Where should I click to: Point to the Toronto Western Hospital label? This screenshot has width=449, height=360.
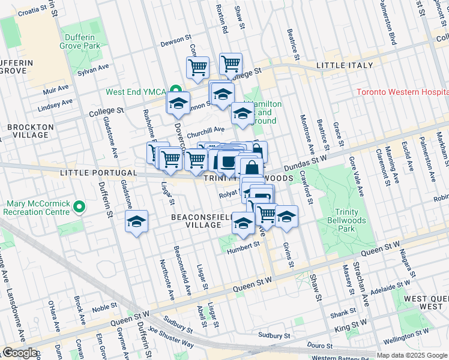[402, 92]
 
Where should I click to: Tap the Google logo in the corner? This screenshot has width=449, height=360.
[20, 353]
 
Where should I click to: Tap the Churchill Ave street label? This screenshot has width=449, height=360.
[205, 130]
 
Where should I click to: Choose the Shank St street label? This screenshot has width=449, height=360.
[343, 313]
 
